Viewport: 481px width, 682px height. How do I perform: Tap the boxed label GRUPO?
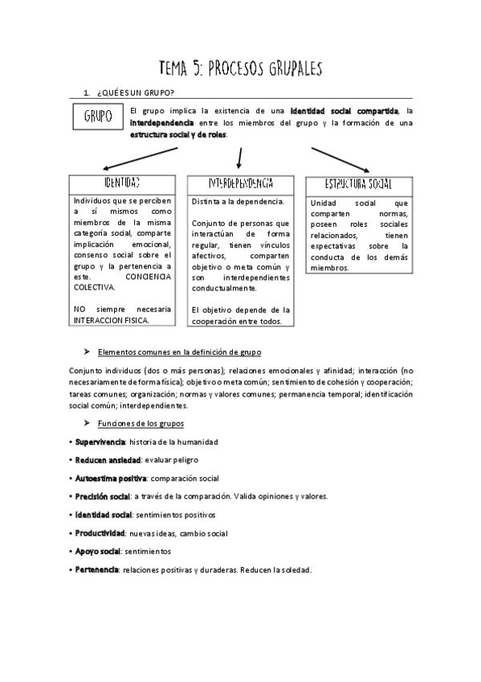(x=98, y=117)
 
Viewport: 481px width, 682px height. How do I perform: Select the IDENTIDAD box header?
(x=121, y=183)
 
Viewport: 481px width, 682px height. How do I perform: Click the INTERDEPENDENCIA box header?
(x=240, y=183)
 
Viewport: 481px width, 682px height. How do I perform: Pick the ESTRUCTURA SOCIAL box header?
(x=358, y=184)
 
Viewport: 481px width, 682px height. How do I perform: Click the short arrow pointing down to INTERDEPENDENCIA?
(x=239, y=155)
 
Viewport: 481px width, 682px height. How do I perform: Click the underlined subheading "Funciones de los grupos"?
(x=141, y=423)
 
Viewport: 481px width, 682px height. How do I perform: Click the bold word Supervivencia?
(x=100, y=442)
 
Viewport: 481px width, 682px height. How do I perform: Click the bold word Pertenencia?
(x=96, y=569)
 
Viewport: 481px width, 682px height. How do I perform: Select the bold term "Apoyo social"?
(x=97, y=552)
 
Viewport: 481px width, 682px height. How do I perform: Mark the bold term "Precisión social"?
(x=102, y=496)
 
